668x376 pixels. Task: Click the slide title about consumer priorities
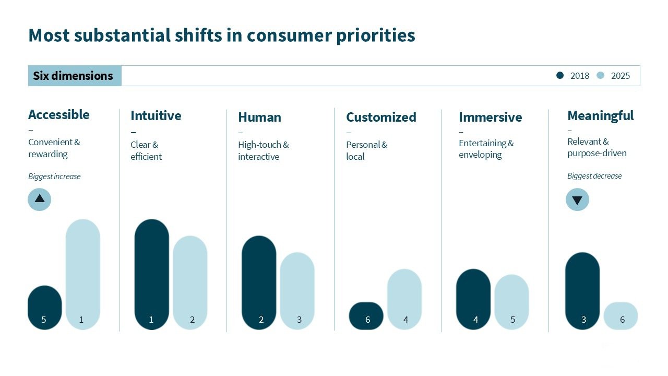pyautogui.click(x=222, y=36)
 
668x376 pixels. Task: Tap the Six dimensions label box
pyautogui.click(x=74, y=76)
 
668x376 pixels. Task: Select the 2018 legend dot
pyautogui.click(x=560, y=75)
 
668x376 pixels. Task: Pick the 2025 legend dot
pyautogui.click(x=600, y=75)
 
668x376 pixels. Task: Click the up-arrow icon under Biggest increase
pyautogui.click(x=40, y=199)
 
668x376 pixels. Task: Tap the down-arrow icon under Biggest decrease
pyautogui.click(x=577, y=200)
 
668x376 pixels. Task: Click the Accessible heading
pyautogui.click(x=59, y=114)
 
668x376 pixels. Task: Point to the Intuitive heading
pyautogui.click(x=156, y=115)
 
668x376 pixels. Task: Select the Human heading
pyautogui.click(x=259, y=117)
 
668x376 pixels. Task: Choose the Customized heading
pyautogui.click(x=381, y=117)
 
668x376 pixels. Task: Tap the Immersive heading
pyautogui.click(x=490, y=117)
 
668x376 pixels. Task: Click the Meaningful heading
pyautogui.click(x=600, y=115)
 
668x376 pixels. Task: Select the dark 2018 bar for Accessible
pyautogui.click(x=44, y=308)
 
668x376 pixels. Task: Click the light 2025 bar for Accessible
pyautogui.click(x=82, y=274)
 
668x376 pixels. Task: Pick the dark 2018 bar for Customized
pyautogui.click(x=366, y=316)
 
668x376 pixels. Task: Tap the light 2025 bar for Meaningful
pyautogui.click(x=621, y=316)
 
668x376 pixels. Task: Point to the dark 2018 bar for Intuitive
pyautogui.click(x=152, y=274)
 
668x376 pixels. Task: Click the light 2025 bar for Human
pyautogui.click(x=297, y=291)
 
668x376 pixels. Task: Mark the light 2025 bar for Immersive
pyautogui.click(x=512, y=302)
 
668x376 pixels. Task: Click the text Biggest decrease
pyautogui.click(x=594, y=176)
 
